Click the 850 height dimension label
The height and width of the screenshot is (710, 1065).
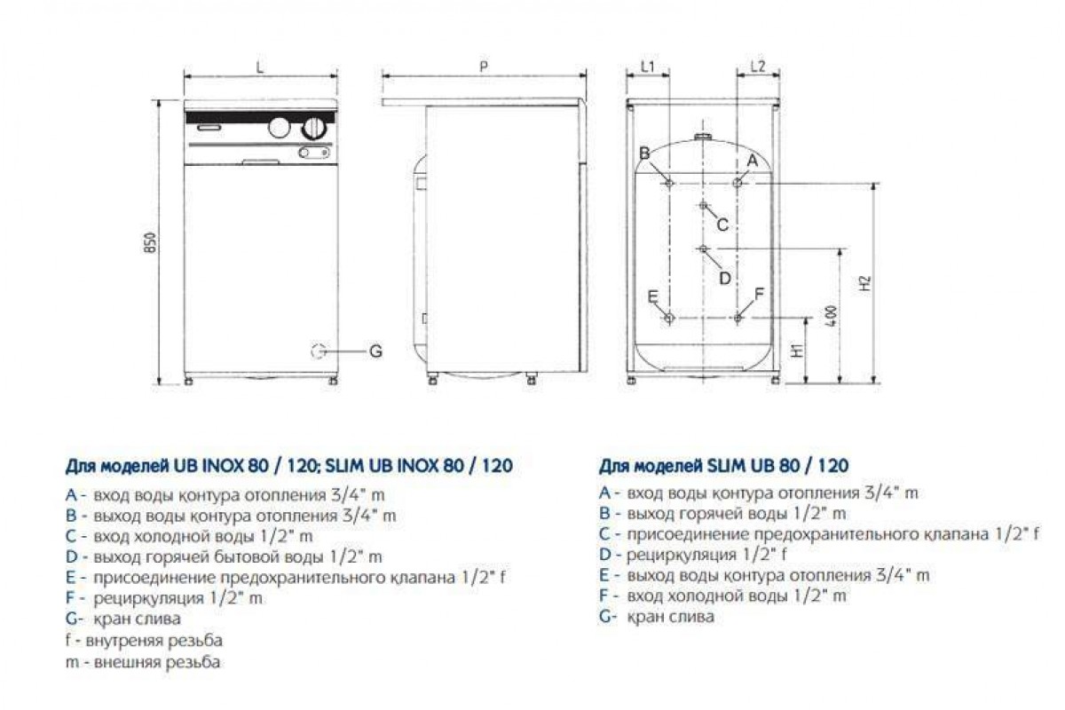point(150,242)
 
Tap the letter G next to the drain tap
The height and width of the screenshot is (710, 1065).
point(375,351)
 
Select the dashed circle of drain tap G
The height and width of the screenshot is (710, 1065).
point(318,351)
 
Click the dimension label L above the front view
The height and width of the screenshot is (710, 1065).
point(259,67)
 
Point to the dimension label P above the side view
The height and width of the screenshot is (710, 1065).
point(484,67)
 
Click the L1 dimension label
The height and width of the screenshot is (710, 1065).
point(648,67)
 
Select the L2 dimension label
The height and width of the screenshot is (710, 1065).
point(758,67)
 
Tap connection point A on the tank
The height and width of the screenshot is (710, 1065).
point(738,183)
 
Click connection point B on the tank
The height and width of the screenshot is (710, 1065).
point(669,183)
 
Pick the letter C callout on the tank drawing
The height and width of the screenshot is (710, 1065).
point(722,225)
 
